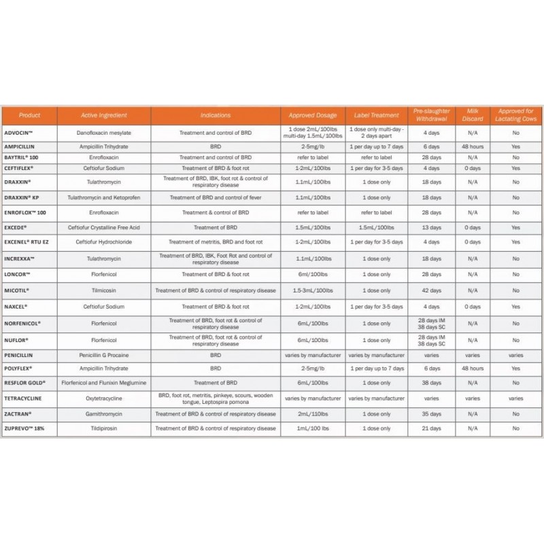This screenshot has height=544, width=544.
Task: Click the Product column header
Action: coord(30,116)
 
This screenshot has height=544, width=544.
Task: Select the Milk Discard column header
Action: coord(473,115)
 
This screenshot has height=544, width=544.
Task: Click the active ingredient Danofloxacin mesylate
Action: coord(104,132)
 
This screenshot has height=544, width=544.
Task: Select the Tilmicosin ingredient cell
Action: coord(104,290)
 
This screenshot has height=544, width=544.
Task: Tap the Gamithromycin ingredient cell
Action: coord(104,413)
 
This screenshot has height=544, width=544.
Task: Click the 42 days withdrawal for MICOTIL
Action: coord(431,290)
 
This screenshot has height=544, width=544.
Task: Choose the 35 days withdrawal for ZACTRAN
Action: coord(431,413)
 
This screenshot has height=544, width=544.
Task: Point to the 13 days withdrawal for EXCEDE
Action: coord(431,228)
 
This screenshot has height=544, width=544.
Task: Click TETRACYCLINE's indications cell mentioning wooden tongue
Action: coord(216,398)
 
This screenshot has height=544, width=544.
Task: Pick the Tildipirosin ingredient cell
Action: coord(104,428)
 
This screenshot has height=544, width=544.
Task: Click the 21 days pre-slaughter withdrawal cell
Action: coord(431,428)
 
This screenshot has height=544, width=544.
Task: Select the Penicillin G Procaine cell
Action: coord(104,355)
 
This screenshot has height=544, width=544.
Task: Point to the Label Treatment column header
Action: coord(376,116)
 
